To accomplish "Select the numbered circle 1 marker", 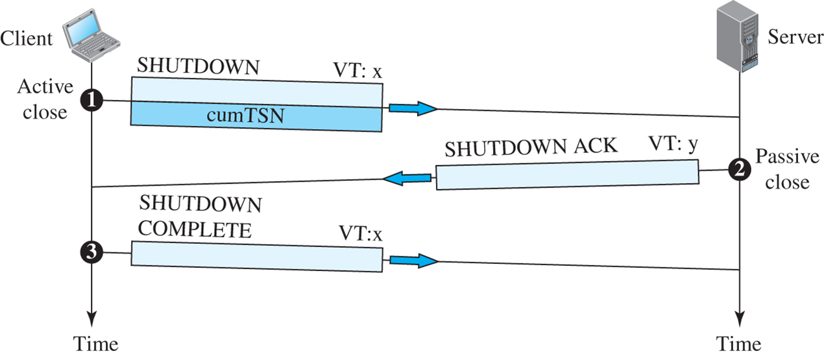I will coord(92,100).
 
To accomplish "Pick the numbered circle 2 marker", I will coord(738,169).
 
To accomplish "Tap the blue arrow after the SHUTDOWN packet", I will coord(413,108).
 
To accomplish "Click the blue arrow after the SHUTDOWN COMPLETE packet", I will coord(413,261).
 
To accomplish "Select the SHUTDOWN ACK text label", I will coord(531,147).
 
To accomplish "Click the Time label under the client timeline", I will coord(95,343).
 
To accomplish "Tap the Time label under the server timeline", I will coord(738,343).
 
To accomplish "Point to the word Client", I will coord(27,38).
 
